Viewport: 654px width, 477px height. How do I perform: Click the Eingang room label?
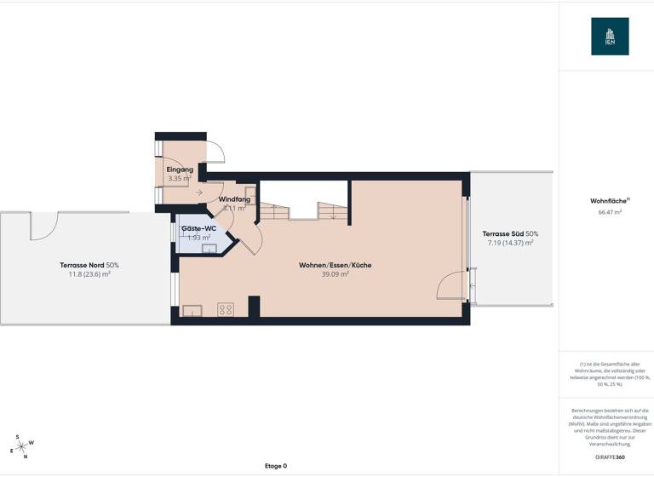[x=180, y=170]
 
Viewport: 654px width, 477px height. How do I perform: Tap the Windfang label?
[x=233, y=199]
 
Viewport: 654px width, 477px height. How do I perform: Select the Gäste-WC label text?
[x=198, y=229]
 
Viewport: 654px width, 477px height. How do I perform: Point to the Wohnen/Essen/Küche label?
[x=335, y=265]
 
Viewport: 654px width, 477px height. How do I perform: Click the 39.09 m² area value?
[x=335, y=274]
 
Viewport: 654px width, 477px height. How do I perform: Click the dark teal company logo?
[x=610, y=37]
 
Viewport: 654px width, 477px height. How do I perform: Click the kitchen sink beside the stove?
[x=192, y=311]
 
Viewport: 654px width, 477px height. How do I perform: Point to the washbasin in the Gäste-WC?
[x=209, y=250]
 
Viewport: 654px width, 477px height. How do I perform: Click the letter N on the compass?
[x=26, y=457]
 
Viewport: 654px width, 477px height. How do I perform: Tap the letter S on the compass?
[x=16, y=437]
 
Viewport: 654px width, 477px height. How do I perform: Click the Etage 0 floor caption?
[x=274, y=466]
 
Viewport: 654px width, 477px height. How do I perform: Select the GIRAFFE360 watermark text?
[x=610, y=457]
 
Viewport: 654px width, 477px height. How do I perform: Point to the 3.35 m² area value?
[x=180, y=179]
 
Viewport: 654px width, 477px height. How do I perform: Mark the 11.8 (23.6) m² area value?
[x=89, y=274]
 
